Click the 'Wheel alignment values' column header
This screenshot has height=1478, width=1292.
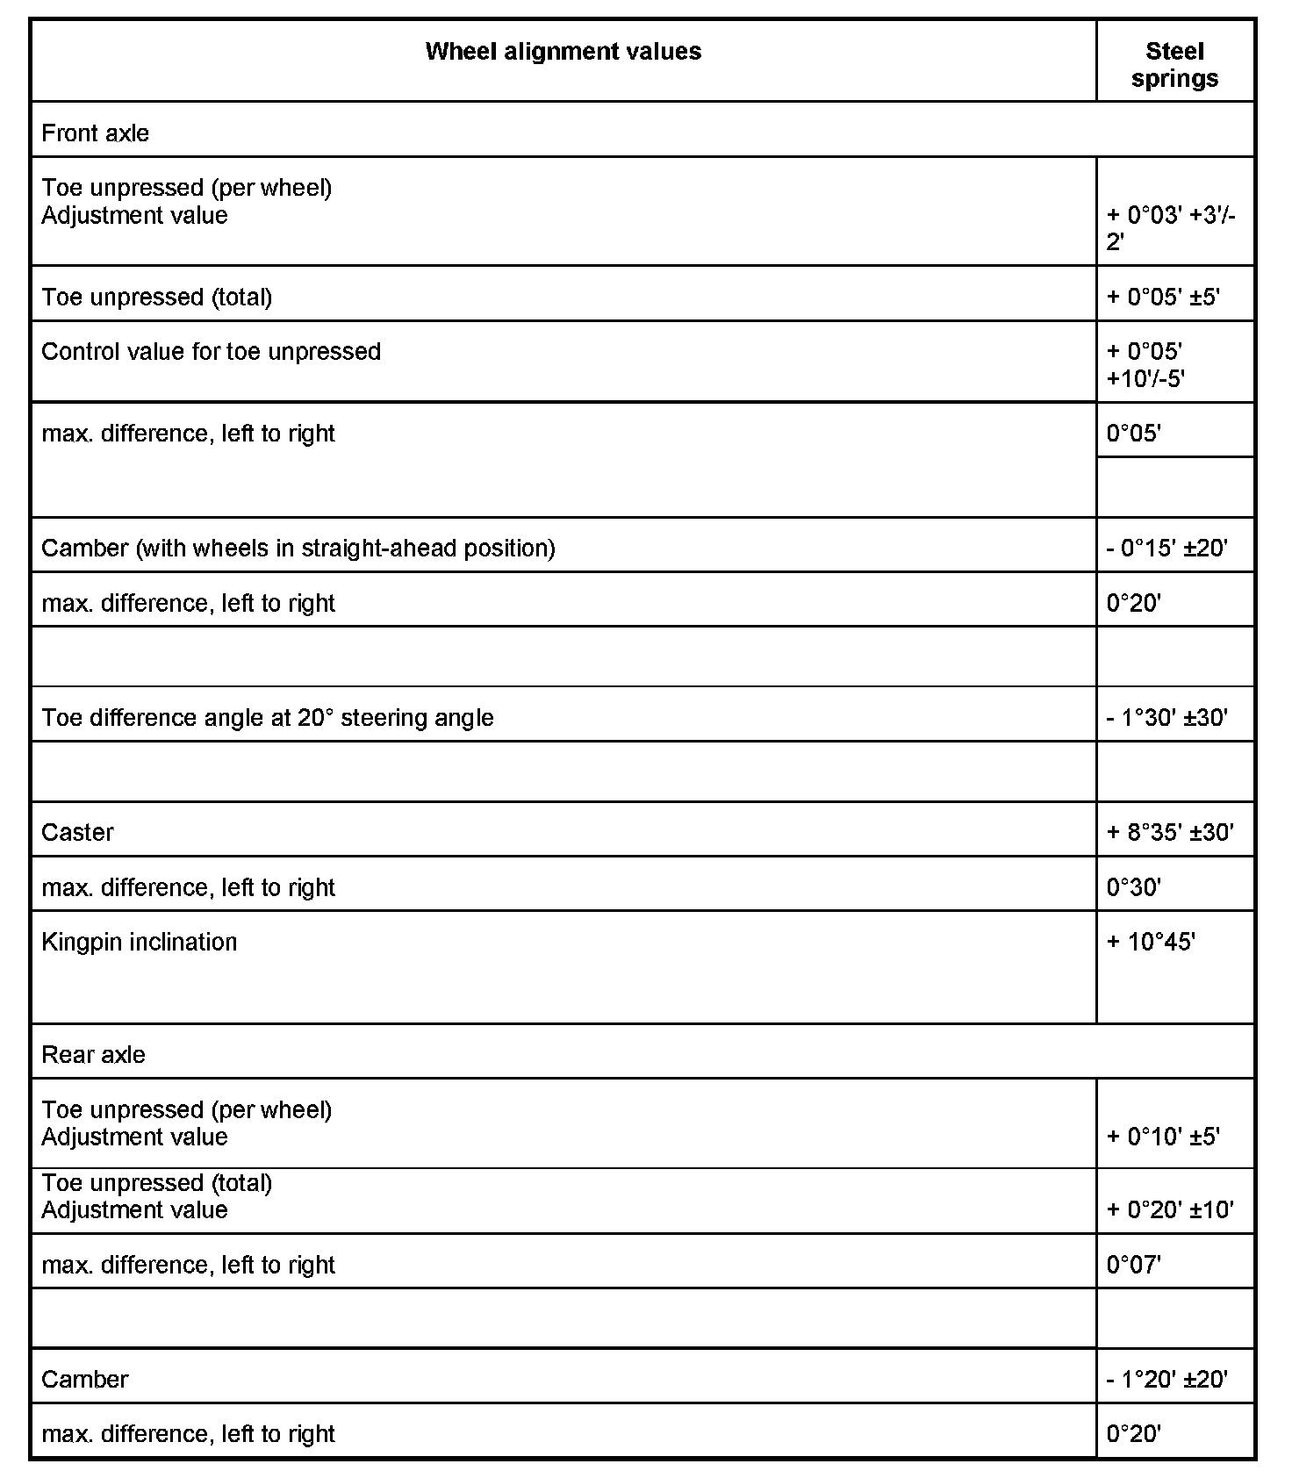point(563,52)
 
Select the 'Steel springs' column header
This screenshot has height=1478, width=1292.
point(1174,65)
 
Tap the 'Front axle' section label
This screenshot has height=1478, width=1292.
point(95,133)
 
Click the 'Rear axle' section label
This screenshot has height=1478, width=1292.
point(93,1055)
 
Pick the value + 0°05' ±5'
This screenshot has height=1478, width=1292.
point(1162,297)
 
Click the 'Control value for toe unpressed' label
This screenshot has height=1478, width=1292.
point(211,352)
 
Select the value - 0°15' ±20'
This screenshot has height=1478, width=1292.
point(1166,549)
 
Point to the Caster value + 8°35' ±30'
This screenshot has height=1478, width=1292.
point(1169,832)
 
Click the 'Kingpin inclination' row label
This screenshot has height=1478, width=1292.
point(139,943)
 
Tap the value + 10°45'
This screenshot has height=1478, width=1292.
point(1151,943)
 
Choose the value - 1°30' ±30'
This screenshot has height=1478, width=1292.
point(1166,718)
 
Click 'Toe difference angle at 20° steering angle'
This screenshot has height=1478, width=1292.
point(267,718)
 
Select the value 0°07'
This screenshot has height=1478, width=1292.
point(1133,1265)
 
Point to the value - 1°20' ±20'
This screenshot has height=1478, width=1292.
point(1166,1380)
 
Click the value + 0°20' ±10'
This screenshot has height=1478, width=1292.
point(1169,1210)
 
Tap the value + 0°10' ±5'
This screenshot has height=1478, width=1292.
point(1162,1137)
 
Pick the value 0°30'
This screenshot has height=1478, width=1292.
point(1133,887)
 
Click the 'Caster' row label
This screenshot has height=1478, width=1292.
point(77,832)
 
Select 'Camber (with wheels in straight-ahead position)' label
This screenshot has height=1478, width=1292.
point(298,549)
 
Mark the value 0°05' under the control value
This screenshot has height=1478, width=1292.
point(1133,434)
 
